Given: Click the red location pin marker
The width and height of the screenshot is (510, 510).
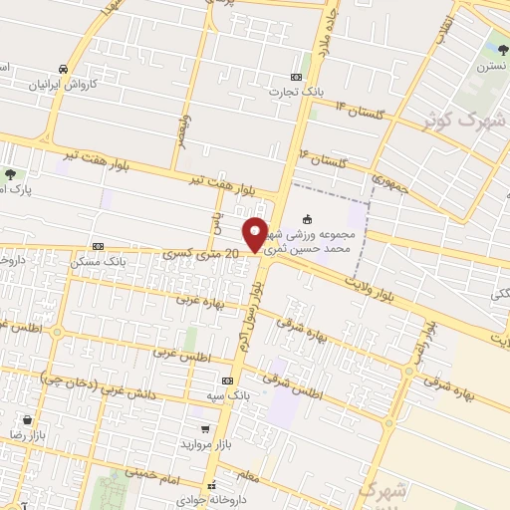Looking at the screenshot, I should [255, 235].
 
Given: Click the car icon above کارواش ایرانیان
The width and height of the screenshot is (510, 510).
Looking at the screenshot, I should [64, 69].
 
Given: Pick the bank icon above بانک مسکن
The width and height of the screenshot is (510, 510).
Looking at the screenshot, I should [98, 245].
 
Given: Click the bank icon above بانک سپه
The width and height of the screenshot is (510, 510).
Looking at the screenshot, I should [227, 381].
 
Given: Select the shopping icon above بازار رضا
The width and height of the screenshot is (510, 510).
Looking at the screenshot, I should [38, 420].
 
